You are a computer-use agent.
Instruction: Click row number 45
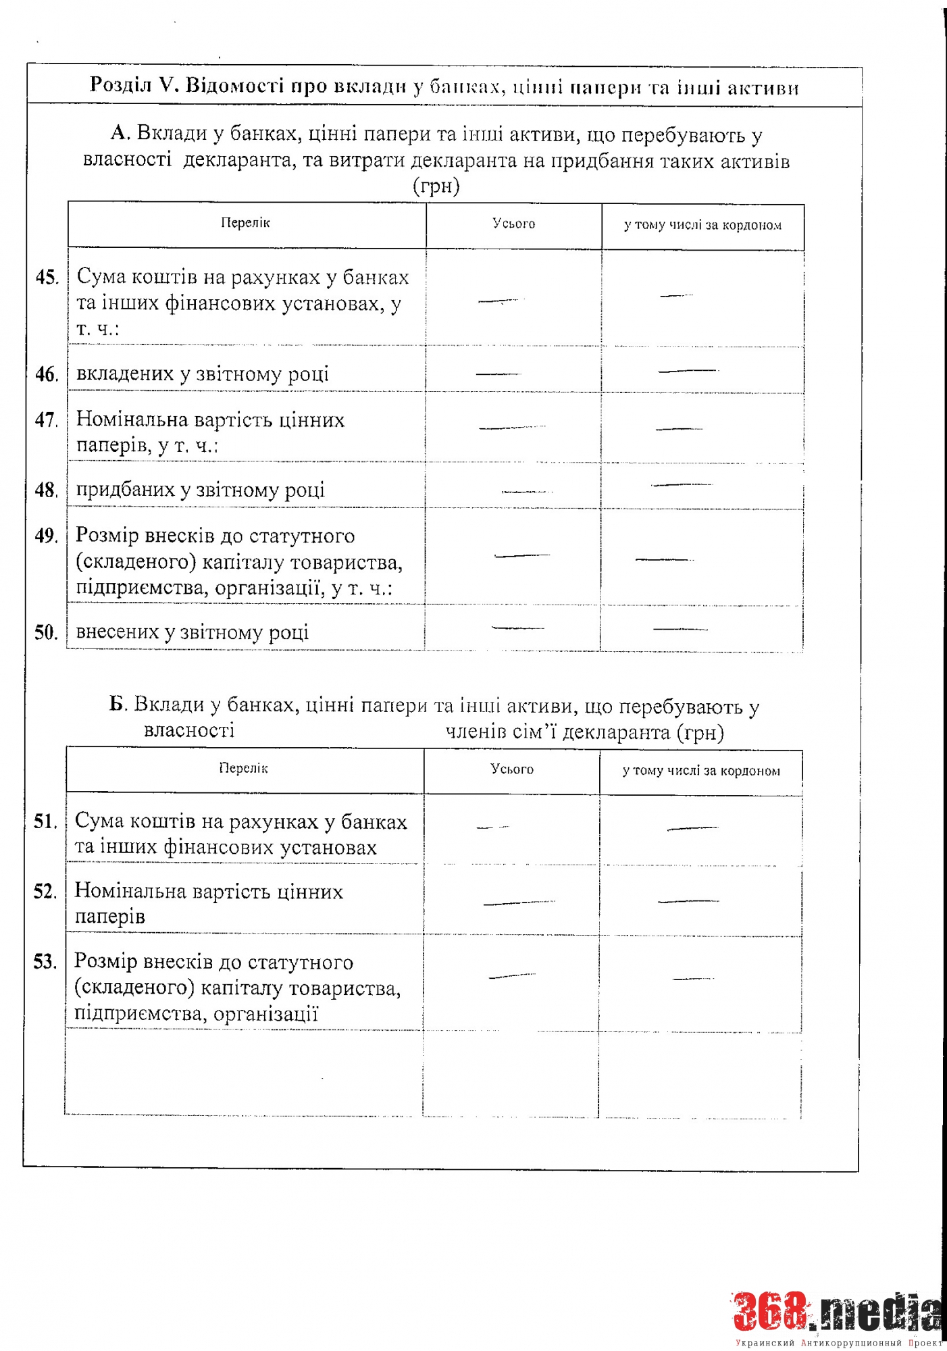click(x=47, y=278)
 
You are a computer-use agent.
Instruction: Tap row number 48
click(x=46, y=490)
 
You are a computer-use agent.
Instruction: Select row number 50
click(x=46, y=632)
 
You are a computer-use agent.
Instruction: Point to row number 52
click(x=45, y=892)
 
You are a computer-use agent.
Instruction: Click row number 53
click(x=45, y=961)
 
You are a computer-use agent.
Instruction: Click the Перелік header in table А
click(x=245, y=223)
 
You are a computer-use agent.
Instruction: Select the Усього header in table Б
click(x=512, y=769)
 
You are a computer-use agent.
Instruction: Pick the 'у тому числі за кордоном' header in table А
click(x=702, y=225)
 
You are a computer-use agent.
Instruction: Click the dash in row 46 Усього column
click(x=498, y=374)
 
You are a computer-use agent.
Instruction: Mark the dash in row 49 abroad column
click(x=664, y=559)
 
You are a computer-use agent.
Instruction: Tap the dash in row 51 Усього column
click(x=492, y=827)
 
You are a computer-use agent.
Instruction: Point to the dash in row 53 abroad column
click(x=693, y=978)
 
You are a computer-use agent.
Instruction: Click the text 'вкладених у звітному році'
click(x=203, y=374)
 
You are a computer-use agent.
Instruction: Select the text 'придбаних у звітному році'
click(x=201, y=490)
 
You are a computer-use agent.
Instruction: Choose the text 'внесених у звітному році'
click(x=193, y=632)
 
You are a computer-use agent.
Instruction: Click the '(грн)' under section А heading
click(x=436, y=186)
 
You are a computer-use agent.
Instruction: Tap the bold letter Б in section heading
click(x=118, y=705)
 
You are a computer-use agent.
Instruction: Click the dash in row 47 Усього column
click(x=511, y=428)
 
